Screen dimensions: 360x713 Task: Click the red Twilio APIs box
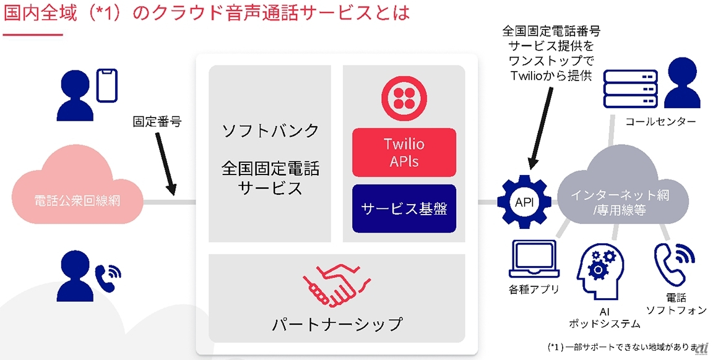point(404,152)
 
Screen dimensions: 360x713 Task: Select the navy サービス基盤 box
point(404,208)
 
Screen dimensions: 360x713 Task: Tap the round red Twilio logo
point(403,98)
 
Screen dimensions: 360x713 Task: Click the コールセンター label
point(660,122)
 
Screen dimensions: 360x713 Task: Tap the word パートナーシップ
point(337,324)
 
